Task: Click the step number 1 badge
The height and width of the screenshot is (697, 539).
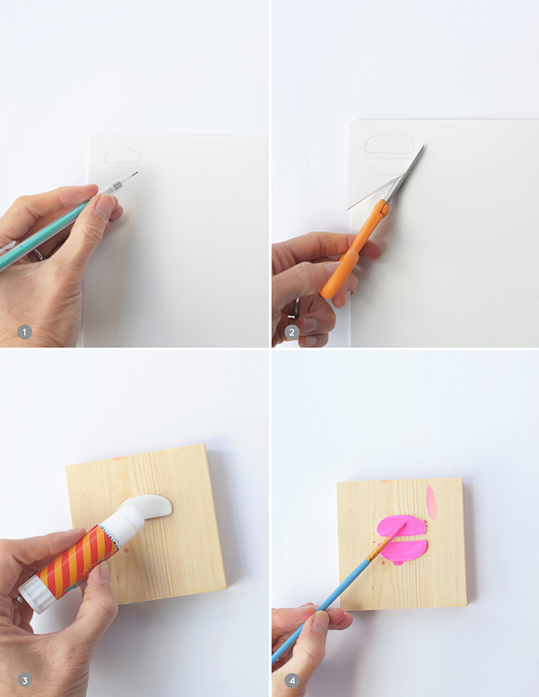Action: (25, 332)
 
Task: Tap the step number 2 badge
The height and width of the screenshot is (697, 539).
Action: (291, 332)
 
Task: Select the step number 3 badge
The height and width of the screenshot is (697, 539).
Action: (25, 680)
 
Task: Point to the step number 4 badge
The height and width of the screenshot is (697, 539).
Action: (291, 680)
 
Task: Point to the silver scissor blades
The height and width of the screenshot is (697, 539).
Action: (404, 174)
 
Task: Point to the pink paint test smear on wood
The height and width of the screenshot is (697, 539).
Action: (431, 503)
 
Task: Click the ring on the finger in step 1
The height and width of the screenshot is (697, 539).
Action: (38, 254)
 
